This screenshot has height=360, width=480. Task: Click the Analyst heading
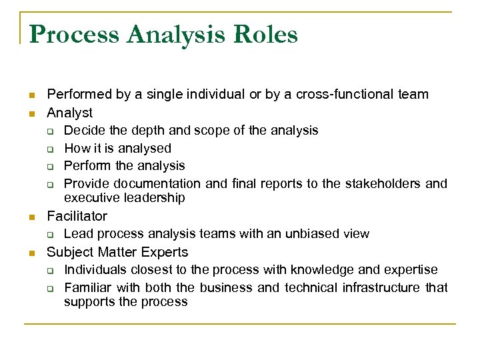pyautogui.click(x=69, y=113)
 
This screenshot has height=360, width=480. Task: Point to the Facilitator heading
pyautogui.click(x=77, y=216)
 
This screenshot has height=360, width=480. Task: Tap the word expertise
pyautogui.click(x=409, y=269)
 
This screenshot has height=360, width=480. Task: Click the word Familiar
pyautogui.click(x=87, y=287)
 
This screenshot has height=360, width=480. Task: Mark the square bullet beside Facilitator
pyautogui.click(x=31, y=217)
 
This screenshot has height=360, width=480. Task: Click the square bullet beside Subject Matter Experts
pyautogui.click(x=31, y=253)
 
